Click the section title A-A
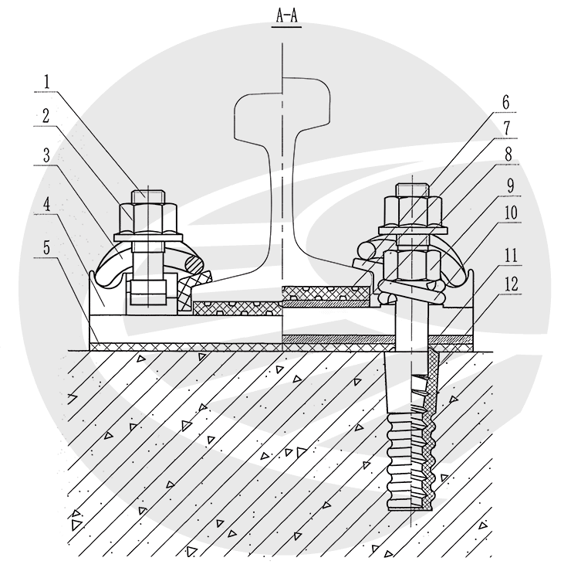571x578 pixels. [287, 16]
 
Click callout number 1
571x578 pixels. [46, 82]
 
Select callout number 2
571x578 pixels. [46, 116]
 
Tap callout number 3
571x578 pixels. [46, 155]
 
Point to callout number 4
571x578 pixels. [46, 205]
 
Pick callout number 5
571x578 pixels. [46, 247]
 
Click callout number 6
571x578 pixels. [506, 102]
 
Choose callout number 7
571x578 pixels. [507, 128]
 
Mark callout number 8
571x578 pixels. [508, 154]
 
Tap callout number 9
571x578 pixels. [510, 185]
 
